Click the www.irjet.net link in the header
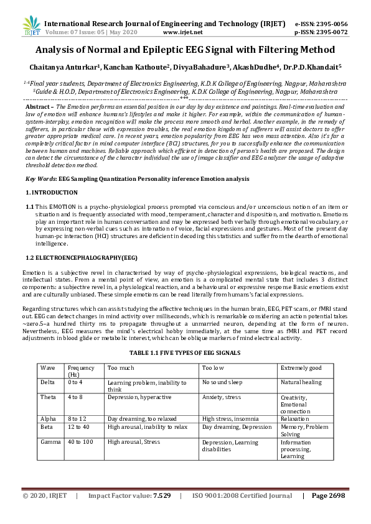pos(182,32)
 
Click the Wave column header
pos(48,368)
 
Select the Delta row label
pos(49,382)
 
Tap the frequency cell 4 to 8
pos(76,397)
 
